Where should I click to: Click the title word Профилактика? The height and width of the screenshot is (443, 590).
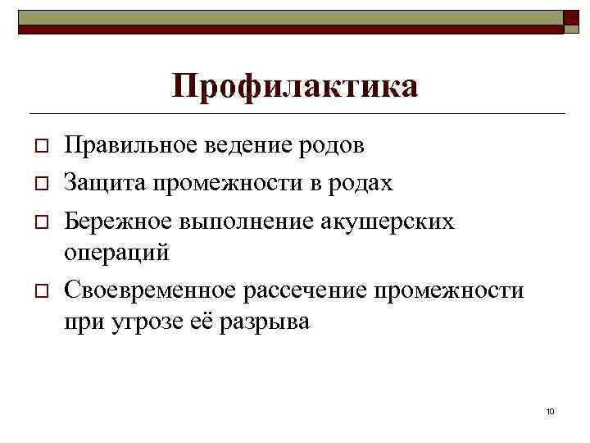(295, 85)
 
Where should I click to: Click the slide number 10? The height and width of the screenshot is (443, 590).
(550, 409)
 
